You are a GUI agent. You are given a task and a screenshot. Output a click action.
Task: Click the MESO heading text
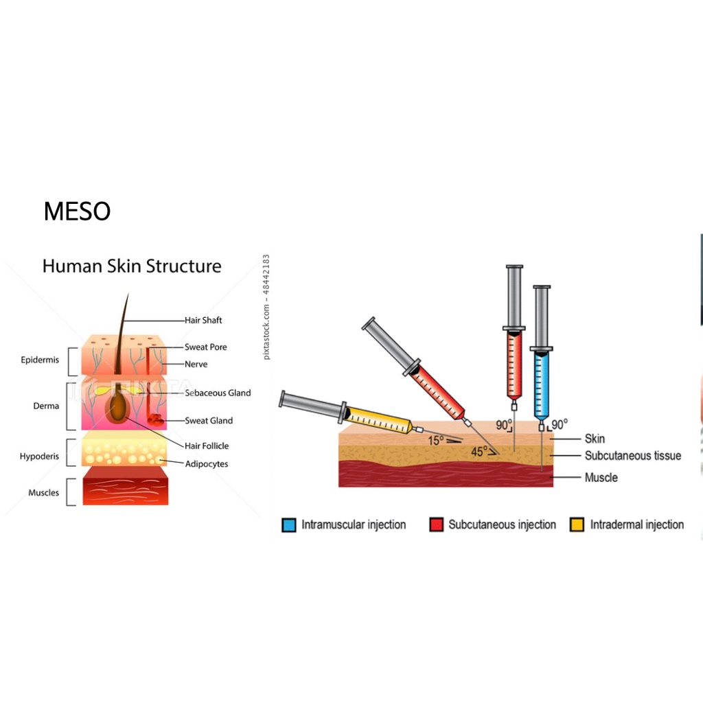(77, 211)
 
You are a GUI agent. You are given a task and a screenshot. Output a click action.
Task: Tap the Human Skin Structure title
(132, 266)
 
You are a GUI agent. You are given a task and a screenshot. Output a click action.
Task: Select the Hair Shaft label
(203, 320)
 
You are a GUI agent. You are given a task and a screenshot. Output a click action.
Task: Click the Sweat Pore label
(205, 347)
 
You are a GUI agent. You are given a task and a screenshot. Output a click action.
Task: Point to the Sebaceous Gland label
(218, 393)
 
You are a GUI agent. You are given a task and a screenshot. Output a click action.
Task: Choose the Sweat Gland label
(209, 420)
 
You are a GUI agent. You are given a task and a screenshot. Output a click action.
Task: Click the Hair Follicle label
(207, 446)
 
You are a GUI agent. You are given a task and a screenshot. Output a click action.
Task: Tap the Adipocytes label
(207, 463)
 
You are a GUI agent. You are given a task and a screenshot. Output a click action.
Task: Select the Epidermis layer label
(40, 360)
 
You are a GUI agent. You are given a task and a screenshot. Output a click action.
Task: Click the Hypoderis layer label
(39, 457)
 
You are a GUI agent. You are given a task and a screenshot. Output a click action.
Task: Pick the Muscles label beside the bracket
(43, 492)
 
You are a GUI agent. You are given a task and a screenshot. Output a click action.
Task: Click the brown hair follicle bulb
(119, 408)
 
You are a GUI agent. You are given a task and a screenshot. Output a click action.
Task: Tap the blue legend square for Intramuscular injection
(288, 525)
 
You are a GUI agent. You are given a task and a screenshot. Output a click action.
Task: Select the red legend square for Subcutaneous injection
(435, 525)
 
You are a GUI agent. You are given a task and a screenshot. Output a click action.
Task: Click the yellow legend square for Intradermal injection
(577, 525)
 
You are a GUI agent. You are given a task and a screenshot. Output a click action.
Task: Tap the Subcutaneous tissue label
(632, 455)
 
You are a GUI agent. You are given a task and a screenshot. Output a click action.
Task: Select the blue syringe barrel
(541, 384)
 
